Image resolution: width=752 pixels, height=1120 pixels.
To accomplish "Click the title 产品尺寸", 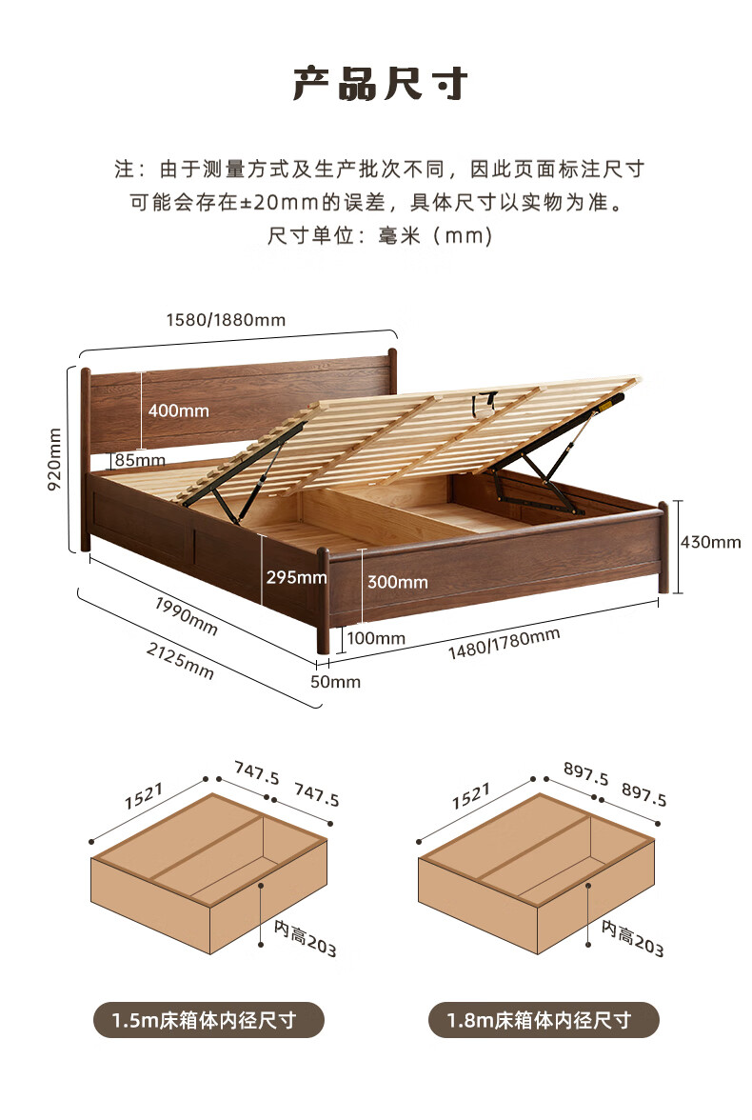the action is (x=380, y=84).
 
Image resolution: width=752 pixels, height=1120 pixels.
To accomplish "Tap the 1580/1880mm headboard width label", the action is (x=226, y=319).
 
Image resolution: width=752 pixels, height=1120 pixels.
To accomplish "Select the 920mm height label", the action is (x=54, y=459).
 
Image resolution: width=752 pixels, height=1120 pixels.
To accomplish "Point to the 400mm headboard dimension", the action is (x=179, y=410).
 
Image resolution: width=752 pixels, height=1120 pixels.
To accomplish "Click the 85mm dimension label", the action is (x=140, y=460).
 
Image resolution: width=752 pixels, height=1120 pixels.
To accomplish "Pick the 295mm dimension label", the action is (x=296, y=576).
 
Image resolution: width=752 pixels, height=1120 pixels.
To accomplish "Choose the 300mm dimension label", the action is (x=398, y=582).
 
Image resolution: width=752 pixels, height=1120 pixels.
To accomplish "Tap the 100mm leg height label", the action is (x=376, y=638).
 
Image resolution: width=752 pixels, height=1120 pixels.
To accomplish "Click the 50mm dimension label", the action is (x=335, y=682).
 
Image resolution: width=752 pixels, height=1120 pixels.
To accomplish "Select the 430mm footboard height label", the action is (x=710, y=542).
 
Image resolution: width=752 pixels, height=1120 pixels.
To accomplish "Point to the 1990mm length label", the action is (x=186, y=615).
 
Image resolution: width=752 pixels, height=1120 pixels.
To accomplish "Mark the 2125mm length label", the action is (x=180, y=660).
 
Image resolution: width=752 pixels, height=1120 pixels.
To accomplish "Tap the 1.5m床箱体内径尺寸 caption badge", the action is (x=208, y=1020).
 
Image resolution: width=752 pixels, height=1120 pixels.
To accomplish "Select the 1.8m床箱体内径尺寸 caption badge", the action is (x=544, y=1020).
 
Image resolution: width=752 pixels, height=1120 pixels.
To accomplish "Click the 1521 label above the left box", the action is (x=144, y=796).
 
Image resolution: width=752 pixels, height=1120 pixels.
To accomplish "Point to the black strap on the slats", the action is (x=485, y=403).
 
